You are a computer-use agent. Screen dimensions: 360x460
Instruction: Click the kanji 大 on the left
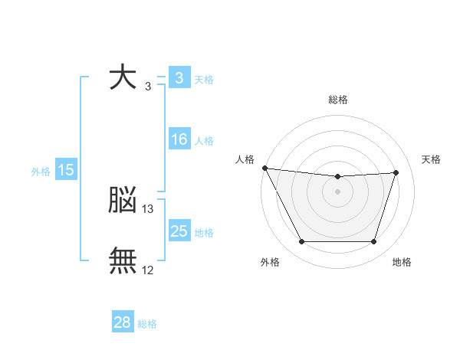123,77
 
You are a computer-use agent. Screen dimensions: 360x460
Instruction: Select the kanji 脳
123,201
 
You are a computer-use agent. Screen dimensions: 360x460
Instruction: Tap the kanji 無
123,260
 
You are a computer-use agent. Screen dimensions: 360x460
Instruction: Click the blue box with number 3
178,78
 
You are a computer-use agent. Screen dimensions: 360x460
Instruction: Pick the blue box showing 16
179,139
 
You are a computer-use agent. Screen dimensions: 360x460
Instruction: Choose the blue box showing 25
179,231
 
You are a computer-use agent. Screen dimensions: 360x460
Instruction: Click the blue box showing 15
66,170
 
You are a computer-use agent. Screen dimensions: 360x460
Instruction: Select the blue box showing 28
122,322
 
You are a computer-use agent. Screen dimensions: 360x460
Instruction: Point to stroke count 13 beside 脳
148,208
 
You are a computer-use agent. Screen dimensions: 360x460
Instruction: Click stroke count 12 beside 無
148,270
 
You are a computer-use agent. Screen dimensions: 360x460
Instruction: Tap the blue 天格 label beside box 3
204,80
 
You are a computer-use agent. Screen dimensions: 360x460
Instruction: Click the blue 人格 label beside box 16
204,141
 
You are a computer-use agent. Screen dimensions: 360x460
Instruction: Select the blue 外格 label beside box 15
41,172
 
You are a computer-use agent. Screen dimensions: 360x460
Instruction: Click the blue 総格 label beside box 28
147,324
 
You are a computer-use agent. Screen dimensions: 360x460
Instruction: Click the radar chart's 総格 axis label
338,100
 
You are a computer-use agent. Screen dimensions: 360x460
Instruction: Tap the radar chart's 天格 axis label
432,159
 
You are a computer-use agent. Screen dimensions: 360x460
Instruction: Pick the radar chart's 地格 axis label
402,262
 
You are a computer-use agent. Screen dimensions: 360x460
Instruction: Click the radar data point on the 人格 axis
264,168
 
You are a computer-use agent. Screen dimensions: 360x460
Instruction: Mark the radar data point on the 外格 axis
301,242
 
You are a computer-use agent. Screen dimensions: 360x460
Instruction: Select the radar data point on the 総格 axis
338,177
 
